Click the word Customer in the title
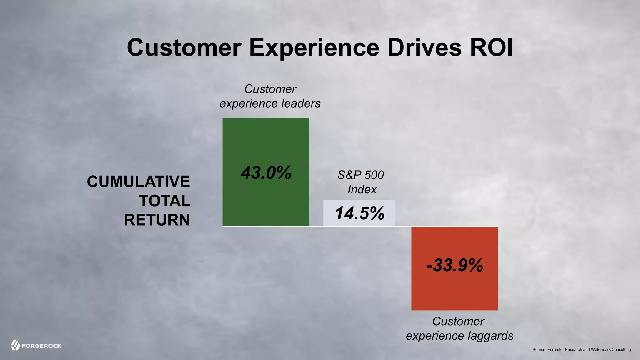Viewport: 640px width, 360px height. pyautogui.click(x=184, y=47)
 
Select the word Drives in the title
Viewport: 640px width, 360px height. pyautogui.click(x=424, y=47)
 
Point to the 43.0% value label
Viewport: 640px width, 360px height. pyautogui.click(x=266, y=172)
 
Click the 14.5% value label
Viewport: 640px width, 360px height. pyautogui.click(x=359, y=213)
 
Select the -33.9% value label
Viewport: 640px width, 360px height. pyautogui.click(x=455, y=265)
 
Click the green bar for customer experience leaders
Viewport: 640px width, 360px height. pyautogui.click(x=266, y=141)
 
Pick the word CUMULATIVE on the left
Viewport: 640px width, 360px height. pyautogui.click(x=138, y=182)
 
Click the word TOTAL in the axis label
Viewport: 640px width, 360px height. pyautogui.click(x=165, y=201)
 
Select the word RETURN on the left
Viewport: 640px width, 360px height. pyautogui.click(x=157, y=220)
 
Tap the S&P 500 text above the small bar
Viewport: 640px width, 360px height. pyautogui.click(x=361, y=175)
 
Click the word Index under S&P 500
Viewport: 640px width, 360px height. pyautogui.click(x=362, y=189)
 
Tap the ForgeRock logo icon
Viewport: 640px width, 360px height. pyautogui.click(x=15, y=345)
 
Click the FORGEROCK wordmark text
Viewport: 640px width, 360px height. pyautogui.click(x=42, y=346)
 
